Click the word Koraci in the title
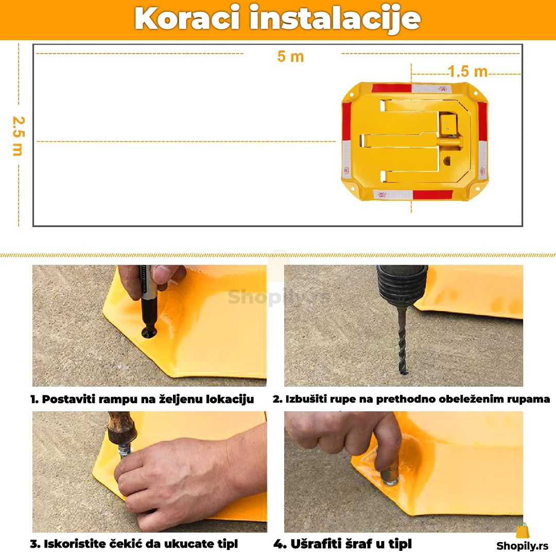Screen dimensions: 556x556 (x=187, y=19)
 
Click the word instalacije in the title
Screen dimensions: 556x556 (x=335, y=19)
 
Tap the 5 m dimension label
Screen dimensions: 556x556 (x=290, y=57)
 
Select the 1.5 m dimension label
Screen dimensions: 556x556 (x=467, y=72)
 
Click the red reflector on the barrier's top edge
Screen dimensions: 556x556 (x=391, y=88)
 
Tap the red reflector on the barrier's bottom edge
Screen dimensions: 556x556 (x=432, y=195)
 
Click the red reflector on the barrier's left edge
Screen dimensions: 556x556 (x=346, y=121)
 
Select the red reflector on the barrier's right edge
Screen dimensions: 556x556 (x=482, y=121)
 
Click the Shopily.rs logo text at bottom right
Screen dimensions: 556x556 (x=523, y=546)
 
